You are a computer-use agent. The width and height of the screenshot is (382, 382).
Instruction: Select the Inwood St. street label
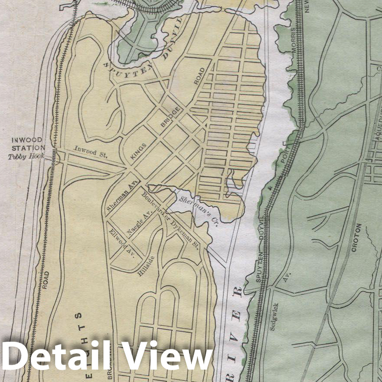tap(90, 151)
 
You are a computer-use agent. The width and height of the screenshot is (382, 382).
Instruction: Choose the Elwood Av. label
tap(121, 242)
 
